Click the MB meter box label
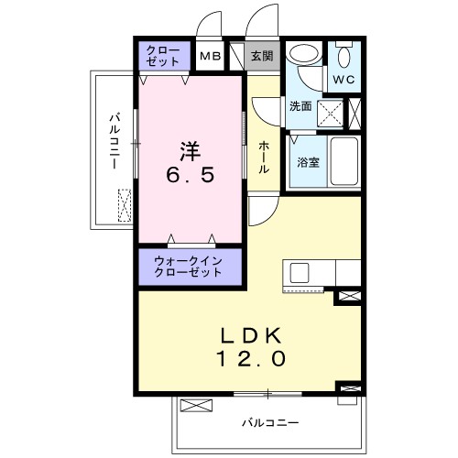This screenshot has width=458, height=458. pos(211,57)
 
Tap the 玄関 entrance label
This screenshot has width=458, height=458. pos(261,57)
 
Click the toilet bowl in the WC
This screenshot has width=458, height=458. pos(344,57)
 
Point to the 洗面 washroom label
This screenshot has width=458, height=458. pos(300,106)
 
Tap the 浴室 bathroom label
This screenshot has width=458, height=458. pos(306,162)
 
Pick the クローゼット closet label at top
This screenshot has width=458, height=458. pos(164,56)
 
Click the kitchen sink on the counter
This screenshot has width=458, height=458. pos(299,273)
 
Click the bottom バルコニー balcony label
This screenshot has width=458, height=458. pos(270,422)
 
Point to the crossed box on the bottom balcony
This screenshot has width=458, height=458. pos(197,406)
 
